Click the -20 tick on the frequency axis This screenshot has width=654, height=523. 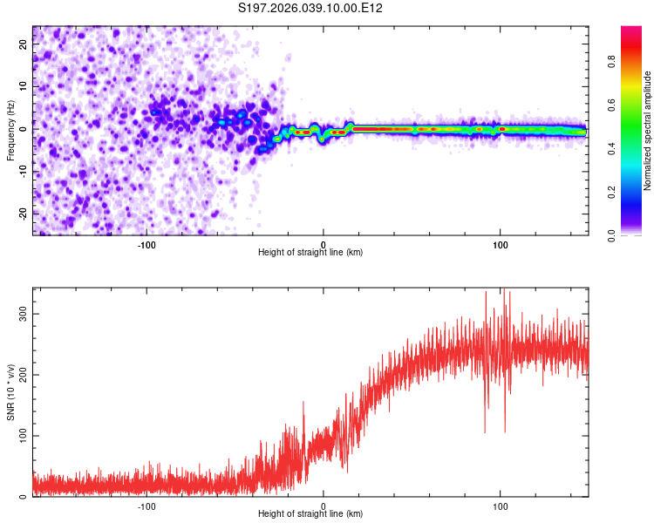(x=24, y=213)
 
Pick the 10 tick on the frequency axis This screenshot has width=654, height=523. (x=24, y=86)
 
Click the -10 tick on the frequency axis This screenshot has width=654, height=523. (x=24, y=171)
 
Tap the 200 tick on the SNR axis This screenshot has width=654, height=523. (x=24, y=375)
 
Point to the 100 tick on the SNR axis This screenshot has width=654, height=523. (x=24, y=436)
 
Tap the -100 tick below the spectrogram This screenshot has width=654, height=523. (x=146, y=245)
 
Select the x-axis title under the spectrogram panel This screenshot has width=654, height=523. (x=310, y=253)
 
